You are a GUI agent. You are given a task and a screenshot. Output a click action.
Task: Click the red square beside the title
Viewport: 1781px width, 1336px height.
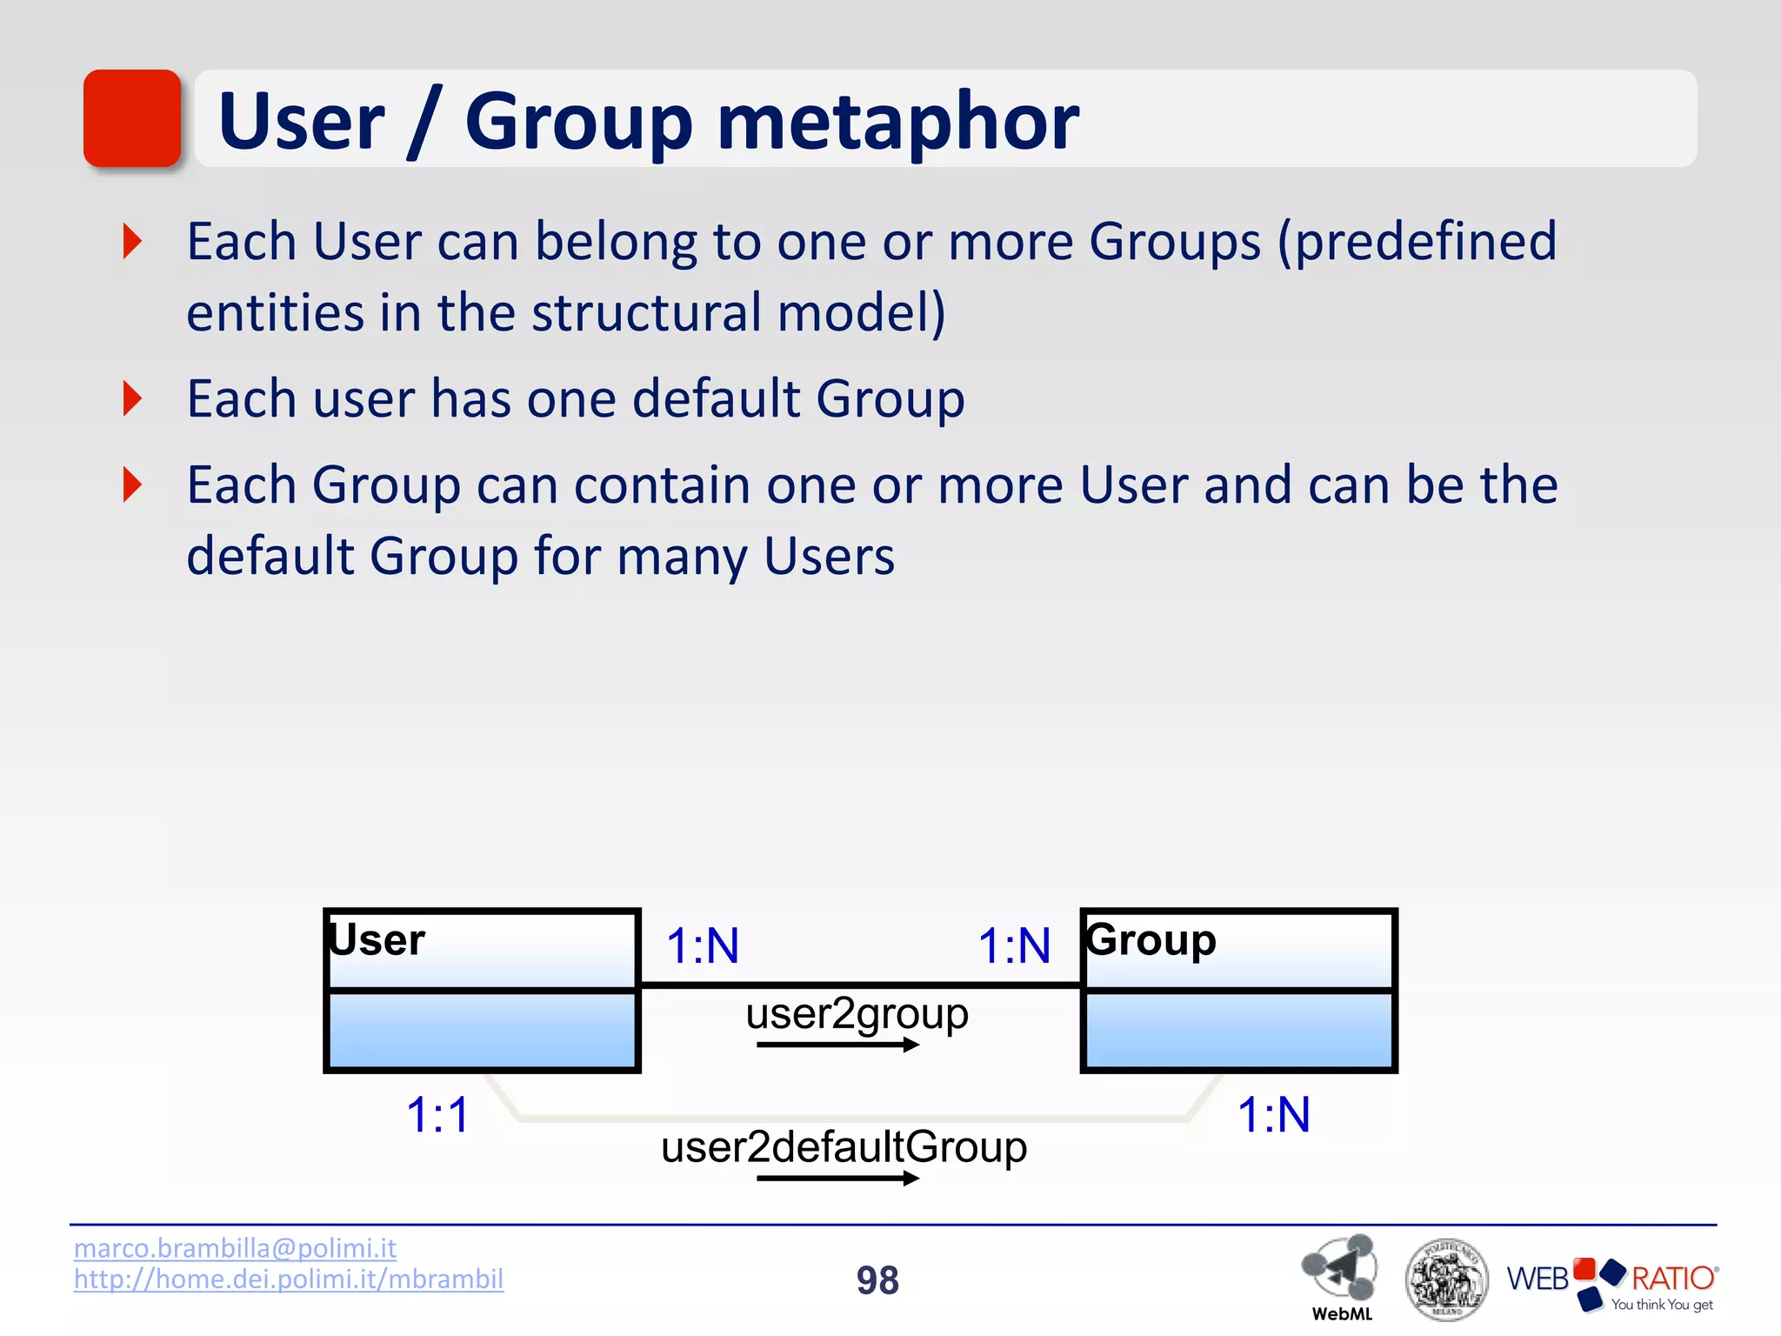click(x=132, y=118)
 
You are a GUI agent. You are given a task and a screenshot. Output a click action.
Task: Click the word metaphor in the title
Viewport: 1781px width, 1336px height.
click(x=897, y=124)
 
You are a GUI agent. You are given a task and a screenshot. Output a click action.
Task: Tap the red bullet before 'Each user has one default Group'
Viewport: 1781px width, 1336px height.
click(x=132, y=398)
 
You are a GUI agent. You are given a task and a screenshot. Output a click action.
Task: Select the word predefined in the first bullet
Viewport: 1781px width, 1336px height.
click(x=1426, y=242)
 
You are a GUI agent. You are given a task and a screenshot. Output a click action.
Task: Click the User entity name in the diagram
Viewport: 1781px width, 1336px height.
click(x=377, y=940)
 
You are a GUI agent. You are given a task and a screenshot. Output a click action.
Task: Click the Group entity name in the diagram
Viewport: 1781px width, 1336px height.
click(x=1151, y=940)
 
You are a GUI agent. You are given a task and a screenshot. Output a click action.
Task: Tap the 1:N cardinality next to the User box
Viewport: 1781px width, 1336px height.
click(x=703, y=946)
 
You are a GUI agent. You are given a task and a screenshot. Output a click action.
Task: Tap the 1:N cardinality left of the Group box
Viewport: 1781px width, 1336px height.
click(x=1014, y=946)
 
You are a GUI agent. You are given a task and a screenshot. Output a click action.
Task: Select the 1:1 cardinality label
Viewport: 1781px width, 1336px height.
click(x=437, y=1115)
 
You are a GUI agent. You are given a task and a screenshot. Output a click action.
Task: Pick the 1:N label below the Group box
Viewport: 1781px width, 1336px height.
click(x=1273, y=1115)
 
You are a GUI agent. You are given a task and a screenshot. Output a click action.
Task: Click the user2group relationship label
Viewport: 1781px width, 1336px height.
click(x=857, y=1014)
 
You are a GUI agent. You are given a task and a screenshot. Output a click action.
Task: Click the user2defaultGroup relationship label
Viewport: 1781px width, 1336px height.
click(x=844, y=1147)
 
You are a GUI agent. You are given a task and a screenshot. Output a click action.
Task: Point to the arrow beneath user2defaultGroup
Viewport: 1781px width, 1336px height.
click(x=837, y=1179)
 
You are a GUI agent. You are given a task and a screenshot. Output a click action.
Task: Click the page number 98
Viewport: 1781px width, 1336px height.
click(x=877, y=1280)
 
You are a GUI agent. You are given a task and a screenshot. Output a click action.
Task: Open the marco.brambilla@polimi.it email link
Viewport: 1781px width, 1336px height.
click(x=235, y=1248)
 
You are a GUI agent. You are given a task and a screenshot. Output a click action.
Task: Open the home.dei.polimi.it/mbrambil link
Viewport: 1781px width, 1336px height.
click(x=288, y=1279)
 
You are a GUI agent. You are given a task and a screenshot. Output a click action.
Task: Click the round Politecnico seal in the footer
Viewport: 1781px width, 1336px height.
click(x=1446, y=1279)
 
